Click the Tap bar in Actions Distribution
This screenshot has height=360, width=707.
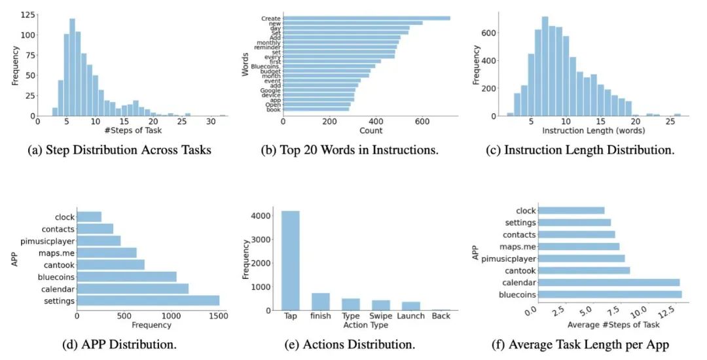point(291,260)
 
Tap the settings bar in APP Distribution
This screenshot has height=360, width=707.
point(148,300)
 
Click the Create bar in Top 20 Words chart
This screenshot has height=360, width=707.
point(367,18)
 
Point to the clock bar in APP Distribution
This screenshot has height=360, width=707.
point(89,217)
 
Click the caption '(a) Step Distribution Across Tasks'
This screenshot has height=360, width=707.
point(120,150)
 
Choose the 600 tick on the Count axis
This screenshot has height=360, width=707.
point(422,122)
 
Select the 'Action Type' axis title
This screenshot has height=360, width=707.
point(366,325)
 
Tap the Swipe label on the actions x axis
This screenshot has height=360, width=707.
point(381,317)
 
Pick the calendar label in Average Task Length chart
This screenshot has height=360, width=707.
point(520,282)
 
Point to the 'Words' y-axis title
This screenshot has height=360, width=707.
point(245,65)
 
